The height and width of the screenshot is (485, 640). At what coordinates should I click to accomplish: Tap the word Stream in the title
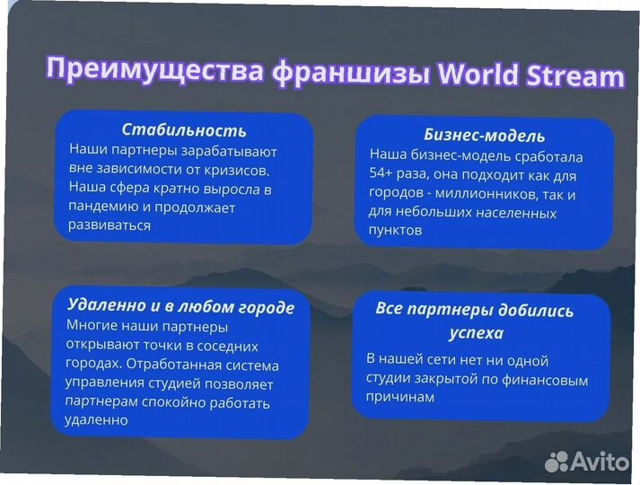(x=572, y=75)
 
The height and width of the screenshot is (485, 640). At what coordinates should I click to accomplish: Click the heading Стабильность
(x=183, y=130)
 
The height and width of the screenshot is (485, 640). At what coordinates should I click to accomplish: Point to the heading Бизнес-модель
(x=484, y=136)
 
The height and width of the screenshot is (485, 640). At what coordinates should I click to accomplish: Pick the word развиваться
(x=110, y=225)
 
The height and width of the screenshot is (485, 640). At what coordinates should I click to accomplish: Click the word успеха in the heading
(x=477, y=333)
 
